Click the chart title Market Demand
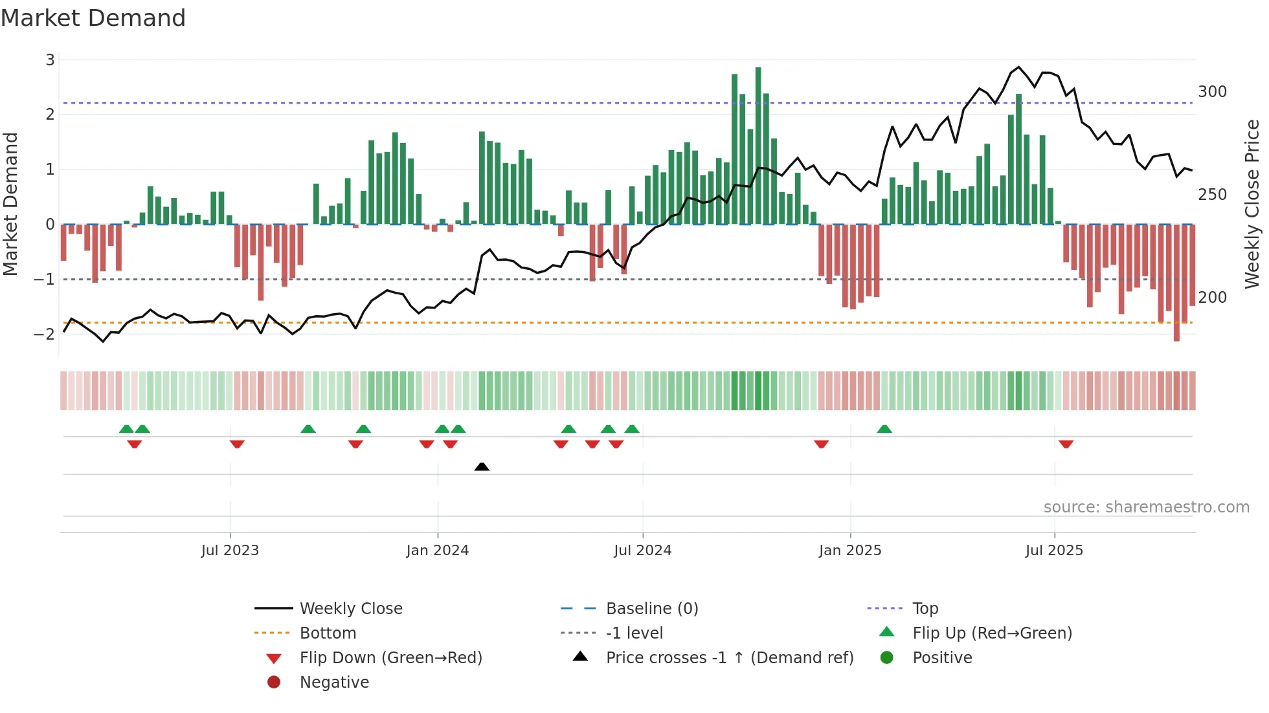coord(93,18)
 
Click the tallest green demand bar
coord(758,146)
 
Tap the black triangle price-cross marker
coord(482,466)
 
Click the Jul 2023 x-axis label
coord(230,551)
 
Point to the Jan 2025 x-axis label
coord(849,551)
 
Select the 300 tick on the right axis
coord(1212,92)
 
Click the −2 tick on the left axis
coord(45,335)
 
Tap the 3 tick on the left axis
coord(50,60)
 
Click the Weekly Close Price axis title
coord(1252,204)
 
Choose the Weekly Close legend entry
coord(350,609)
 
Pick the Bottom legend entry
coord(328,633)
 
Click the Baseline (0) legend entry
coord(651,609)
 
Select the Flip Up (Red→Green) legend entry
coord(992,633)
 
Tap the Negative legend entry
coord(334,683)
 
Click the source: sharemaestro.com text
coord(1146,507)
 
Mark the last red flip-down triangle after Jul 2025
coord(1066,444)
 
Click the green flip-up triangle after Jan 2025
coord(884,429)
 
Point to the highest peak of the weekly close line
coord(1018,67)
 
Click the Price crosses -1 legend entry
coord(729,658)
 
